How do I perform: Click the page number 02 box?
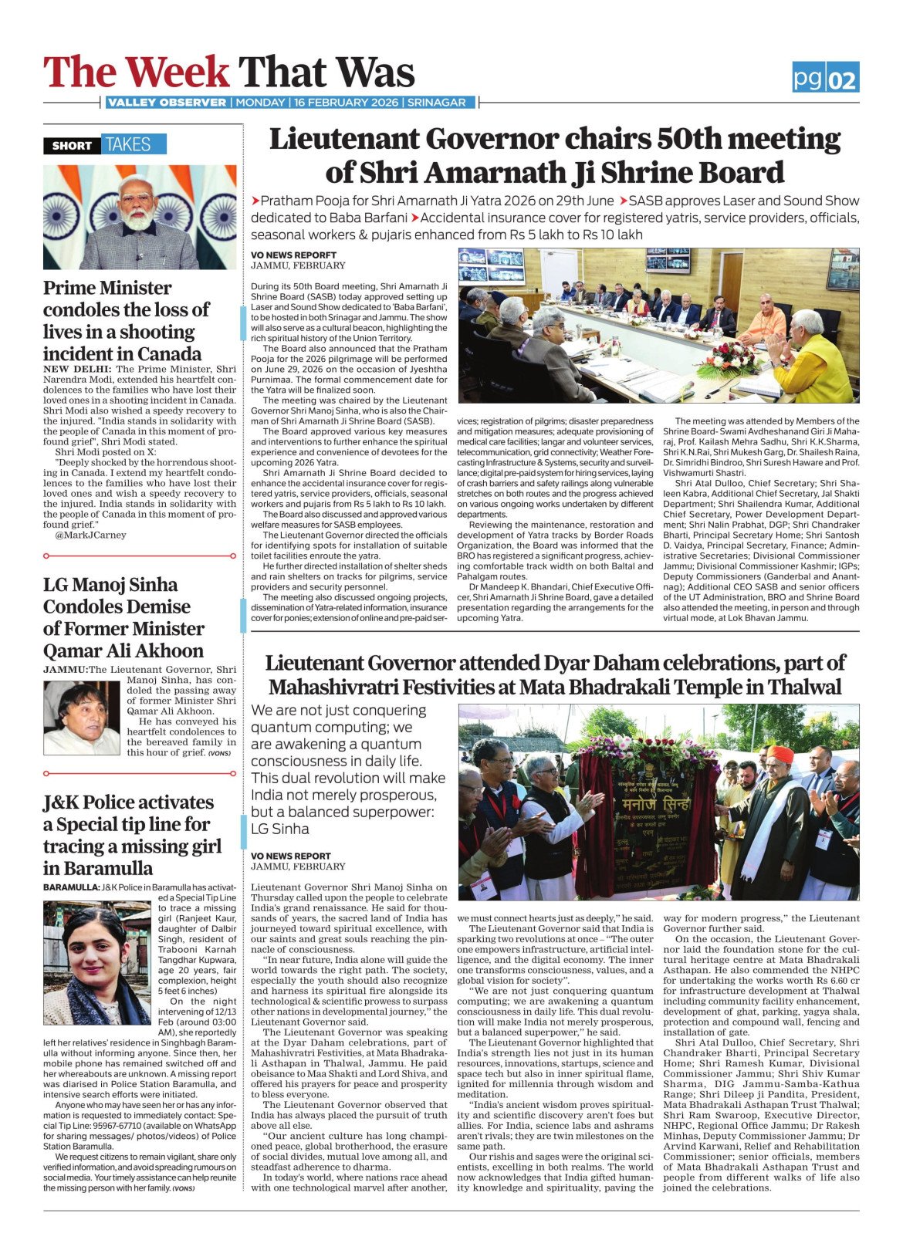(842, 79)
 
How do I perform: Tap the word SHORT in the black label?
(72, 145)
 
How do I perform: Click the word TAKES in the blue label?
(128, 144)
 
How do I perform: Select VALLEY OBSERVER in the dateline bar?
(167, 103)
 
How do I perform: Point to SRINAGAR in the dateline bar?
(437, 103)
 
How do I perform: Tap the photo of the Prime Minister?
(140, 218)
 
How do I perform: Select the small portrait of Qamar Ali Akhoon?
(81, 718)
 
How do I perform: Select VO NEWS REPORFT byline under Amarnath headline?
(293, 255)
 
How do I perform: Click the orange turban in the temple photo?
(780, 753)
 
